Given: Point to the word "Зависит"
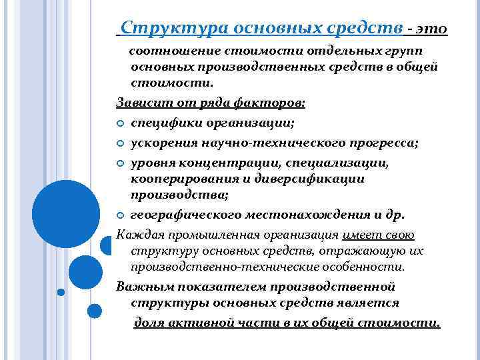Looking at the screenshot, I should click(139, 103).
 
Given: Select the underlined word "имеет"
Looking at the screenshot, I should click(360, 234).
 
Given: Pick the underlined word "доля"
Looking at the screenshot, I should click(149, 323).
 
